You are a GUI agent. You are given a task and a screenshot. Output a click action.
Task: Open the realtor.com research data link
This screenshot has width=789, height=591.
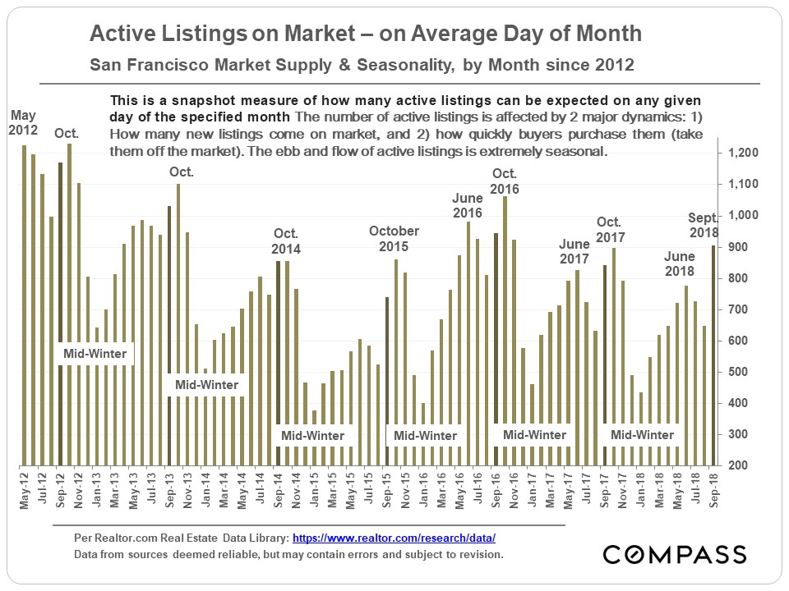click(x=394, y=538)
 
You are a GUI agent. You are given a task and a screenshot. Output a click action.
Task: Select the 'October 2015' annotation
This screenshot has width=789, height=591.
click(x=394, y=239)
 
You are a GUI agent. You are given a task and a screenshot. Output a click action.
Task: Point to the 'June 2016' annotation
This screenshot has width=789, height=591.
click(x=468, y=205)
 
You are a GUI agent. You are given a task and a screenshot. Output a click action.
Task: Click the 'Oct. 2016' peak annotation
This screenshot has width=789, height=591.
click(x=505, y=181)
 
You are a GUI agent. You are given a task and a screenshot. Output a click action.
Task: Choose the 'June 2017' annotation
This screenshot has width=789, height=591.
click(x=574, y=252)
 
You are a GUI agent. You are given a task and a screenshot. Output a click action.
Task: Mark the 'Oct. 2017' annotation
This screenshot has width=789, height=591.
click(x=611, y=230)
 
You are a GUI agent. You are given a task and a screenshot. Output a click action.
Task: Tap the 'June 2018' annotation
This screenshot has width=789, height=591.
click(x=680, y=263)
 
